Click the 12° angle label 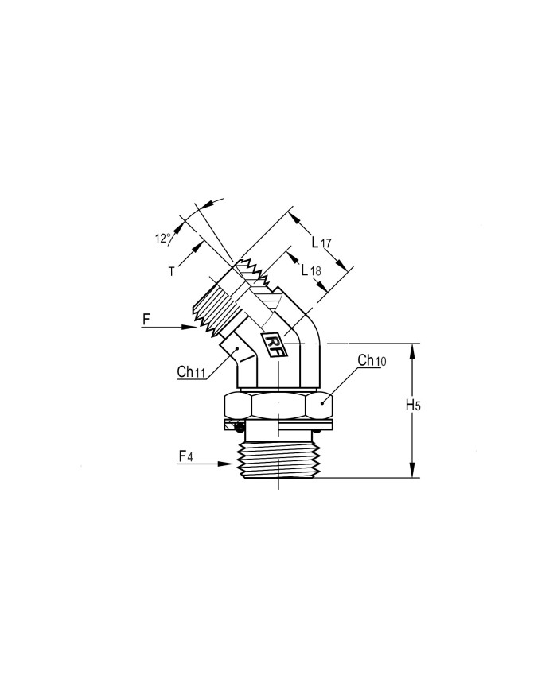162,239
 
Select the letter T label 172,272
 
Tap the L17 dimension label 321,242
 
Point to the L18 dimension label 311,270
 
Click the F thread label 146,319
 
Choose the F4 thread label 185,456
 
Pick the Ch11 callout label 191,372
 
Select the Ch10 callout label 372,360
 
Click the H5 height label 413,406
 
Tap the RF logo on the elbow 275,344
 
